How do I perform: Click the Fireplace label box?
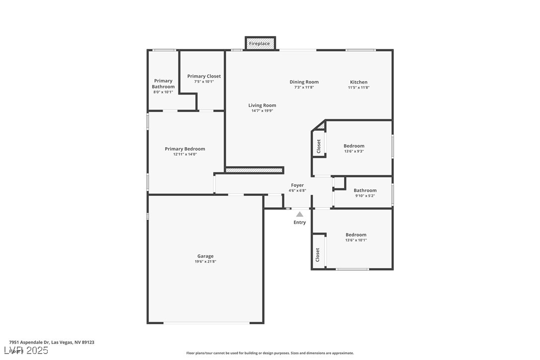260,44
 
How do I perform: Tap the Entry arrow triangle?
300,214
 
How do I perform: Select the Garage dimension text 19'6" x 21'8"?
205,262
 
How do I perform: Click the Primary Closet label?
204,76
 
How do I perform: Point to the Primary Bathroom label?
163,84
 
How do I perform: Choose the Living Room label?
262,105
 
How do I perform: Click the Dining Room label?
304,82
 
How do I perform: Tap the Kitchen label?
359,82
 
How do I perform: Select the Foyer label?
297,185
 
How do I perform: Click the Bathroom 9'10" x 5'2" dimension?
365,196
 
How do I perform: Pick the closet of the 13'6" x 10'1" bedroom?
318,255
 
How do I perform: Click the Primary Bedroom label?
185,149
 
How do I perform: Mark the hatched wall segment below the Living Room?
254,170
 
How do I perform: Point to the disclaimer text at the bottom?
270,353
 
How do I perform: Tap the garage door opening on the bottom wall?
206,323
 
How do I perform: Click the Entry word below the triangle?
300,222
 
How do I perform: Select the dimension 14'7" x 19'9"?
262,111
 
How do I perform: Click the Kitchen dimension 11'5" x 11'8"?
359,88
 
